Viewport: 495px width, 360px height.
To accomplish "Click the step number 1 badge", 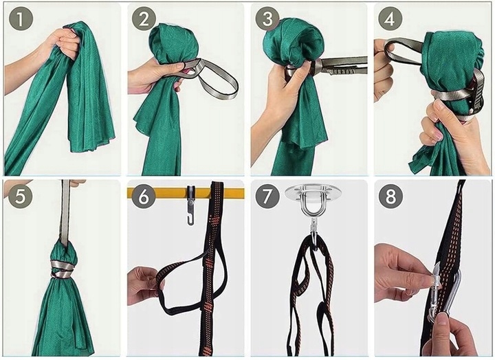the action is pyautogui.click(x=21, y=19).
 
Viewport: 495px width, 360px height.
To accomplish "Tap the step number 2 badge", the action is pyautogui.click(x=144, y=19).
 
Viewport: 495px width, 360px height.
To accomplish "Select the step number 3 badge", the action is pyautogui.click(x=267, y=19).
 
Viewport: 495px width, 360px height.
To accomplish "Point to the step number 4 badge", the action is pyautogui.click(x=390, y=19).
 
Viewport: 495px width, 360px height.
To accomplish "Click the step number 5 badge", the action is pyautogui.click(x=20, y=196).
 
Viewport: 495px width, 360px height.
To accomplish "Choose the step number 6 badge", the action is pyautogui.click(x=143, y=196).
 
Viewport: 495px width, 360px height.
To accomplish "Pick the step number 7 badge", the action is pyautogui.click(x=267, y=196).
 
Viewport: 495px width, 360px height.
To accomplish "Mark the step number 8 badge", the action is pyautogui.click(x=390, y=196).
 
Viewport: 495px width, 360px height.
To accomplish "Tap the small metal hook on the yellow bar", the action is pyautogui.click(x=190, y=205).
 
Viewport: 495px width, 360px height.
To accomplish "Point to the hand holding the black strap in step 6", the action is pyautogui.click(x=144, y=286).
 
